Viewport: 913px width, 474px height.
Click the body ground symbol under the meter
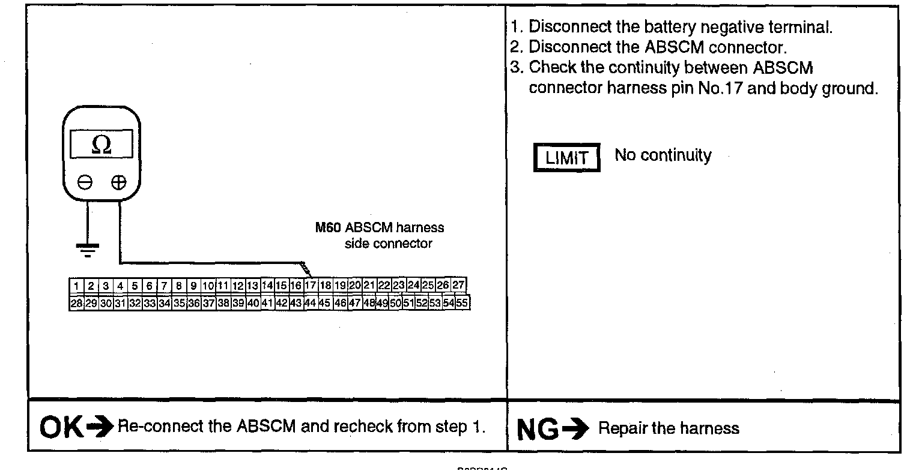(x=88, y=249)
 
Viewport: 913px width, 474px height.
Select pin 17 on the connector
(x=311, y=285)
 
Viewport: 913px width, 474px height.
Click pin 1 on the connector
(x=77, y=286)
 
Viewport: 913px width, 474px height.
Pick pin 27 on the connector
(x=459, y=285)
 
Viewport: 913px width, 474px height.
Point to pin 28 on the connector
(x=76, y=304)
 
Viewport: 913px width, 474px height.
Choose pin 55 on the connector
(x=462, y=303)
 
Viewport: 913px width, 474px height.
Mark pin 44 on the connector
(x=311, y=303)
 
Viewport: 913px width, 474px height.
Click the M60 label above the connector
(x=328, y=228)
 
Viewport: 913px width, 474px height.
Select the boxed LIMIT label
(x=566, y=158)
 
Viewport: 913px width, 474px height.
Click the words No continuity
(x=663, y=155)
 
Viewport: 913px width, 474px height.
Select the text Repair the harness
(x=669, y=428)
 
